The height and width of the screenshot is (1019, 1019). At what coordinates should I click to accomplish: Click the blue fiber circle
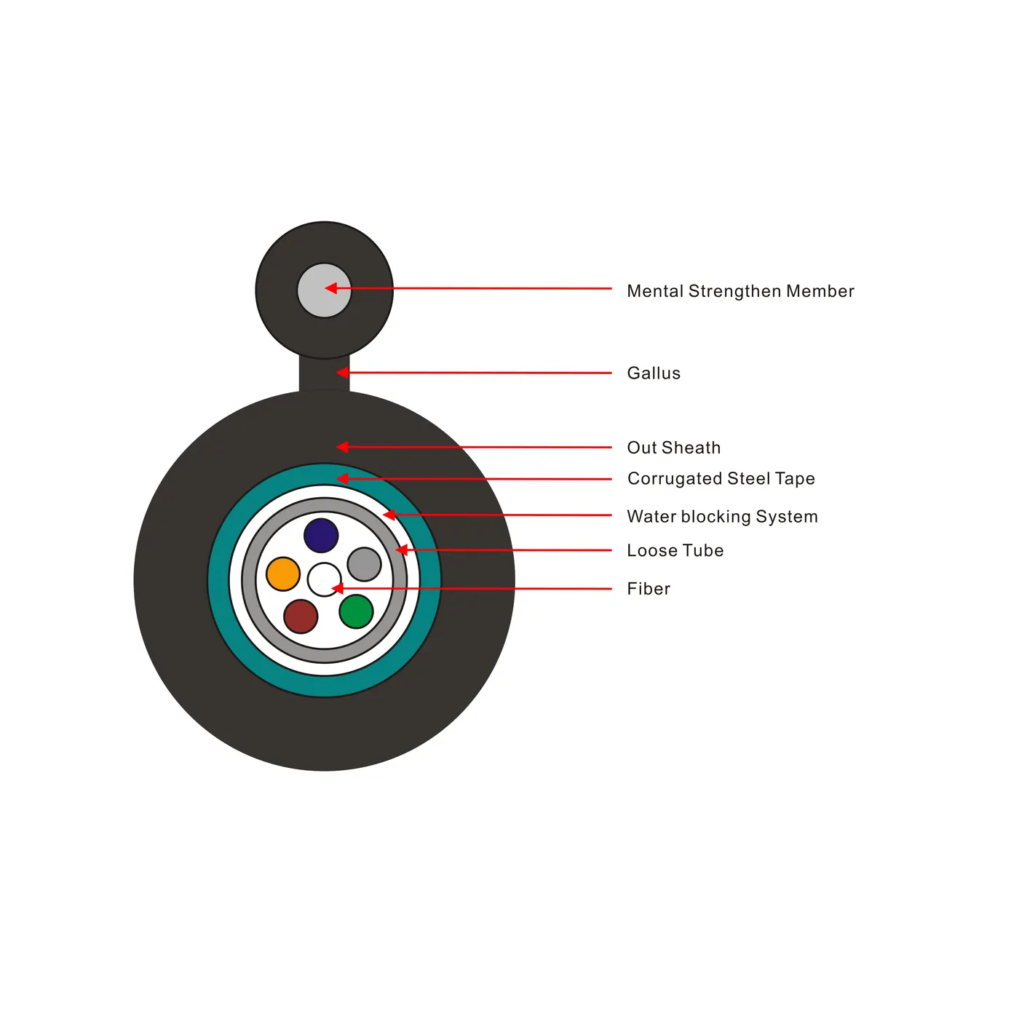tap(321, 535)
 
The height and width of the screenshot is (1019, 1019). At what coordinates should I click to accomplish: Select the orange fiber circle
tap(283, 574)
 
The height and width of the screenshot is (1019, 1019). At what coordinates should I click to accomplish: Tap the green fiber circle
tap(356, 611)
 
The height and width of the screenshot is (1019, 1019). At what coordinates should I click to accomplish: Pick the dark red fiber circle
tap(301, 616)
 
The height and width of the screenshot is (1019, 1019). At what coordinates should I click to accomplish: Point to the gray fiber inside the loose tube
tap(364, 564)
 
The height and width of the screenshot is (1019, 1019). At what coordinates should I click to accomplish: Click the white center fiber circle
tap(324, 579)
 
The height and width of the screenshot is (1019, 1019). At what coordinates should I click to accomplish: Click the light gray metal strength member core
tap(324, 290)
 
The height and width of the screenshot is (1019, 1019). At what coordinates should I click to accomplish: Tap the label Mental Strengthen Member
tap(740, 291)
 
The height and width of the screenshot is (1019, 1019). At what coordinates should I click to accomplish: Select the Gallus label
tap(654, 373)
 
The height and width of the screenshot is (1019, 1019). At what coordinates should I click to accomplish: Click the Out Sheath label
tap(674, 448)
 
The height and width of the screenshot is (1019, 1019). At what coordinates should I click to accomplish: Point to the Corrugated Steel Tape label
tap(721, 479)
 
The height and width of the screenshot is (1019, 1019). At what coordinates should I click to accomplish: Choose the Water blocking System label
tap(722, 517)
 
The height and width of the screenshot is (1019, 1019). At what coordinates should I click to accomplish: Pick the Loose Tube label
tap(675, 550)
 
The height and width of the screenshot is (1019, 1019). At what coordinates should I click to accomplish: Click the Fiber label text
tap(649, 589)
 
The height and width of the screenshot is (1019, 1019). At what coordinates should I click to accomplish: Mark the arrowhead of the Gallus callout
tap(342, 372)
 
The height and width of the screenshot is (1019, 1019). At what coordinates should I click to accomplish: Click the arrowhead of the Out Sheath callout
tap(342, 447)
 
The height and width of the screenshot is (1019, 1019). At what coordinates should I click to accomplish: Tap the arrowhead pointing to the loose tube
tap(401, 550)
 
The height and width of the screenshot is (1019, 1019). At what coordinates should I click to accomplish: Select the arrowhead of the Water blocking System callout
tap(389, 515)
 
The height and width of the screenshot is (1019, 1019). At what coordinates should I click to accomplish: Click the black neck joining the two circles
tap(324, 374)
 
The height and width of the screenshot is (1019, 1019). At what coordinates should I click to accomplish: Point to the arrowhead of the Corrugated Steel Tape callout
tap(342, 478)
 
